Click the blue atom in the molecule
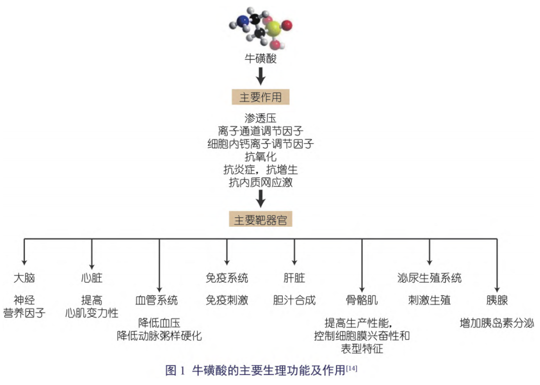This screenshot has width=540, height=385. tap(242, 21)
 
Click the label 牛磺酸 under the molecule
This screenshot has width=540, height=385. tap(260, 59)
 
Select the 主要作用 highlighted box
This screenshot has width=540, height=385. tap(260, 97)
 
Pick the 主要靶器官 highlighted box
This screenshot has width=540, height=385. tap(260, 220)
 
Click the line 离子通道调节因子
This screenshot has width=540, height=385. tap(260, 131)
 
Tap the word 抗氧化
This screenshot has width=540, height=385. tap(260, 157)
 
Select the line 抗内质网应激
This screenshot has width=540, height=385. tap(260, 183)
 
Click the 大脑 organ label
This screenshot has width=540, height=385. tap(24, 277)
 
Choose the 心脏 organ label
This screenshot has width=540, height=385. tap(91, 277)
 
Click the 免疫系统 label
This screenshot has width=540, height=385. tap(226, 277)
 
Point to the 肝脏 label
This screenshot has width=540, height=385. tap(294, 277)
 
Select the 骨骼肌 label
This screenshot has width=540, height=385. tap(361, 300)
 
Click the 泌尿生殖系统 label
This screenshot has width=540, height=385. tap(429, 277)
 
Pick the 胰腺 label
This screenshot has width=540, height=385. tap(497, 300)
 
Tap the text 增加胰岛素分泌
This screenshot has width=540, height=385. tap(497, 323)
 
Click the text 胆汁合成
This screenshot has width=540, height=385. tap(294, 300)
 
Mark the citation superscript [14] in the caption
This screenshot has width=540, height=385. tap(351, 369)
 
